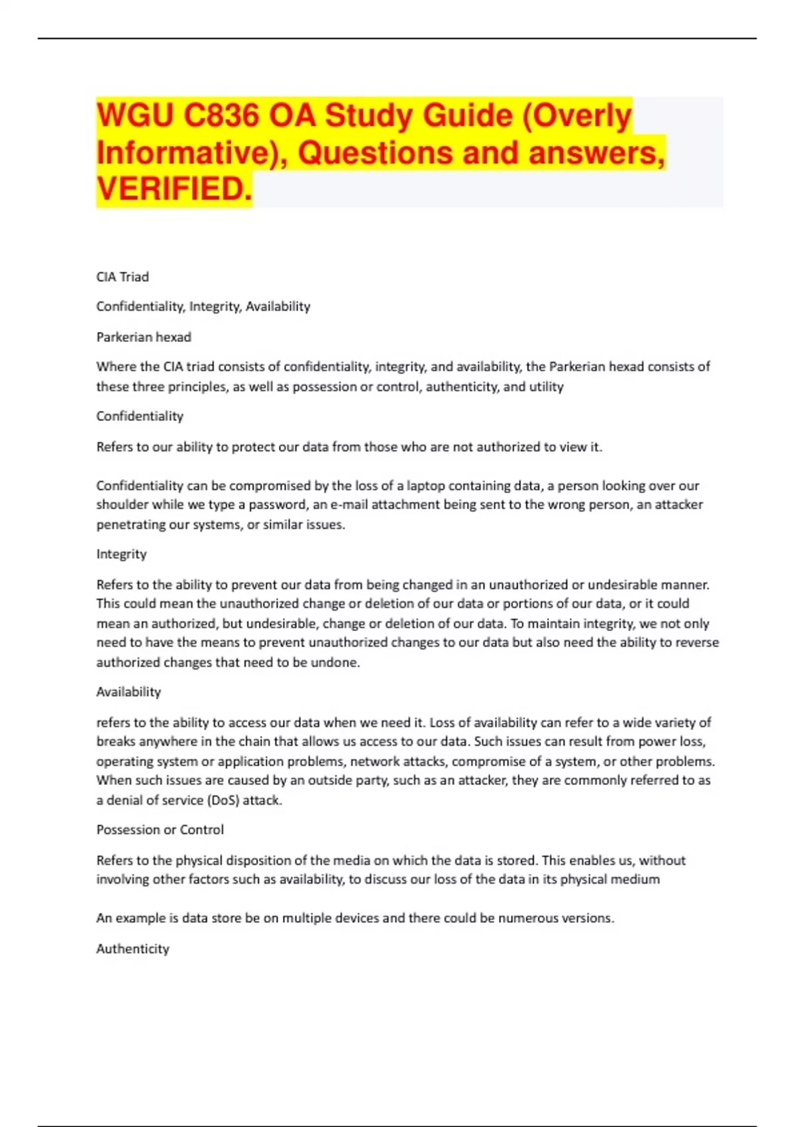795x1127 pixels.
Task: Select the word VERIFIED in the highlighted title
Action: point(174,189)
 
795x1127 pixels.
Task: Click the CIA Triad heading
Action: point(123,276)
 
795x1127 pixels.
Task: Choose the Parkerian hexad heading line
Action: point(144,337)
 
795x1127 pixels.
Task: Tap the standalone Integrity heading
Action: point(121,554)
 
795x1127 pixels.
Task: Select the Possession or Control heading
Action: point(160,829)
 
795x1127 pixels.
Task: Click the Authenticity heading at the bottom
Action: point(132,949)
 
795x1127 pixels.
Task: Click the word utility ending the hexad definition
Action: point(546,386)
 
